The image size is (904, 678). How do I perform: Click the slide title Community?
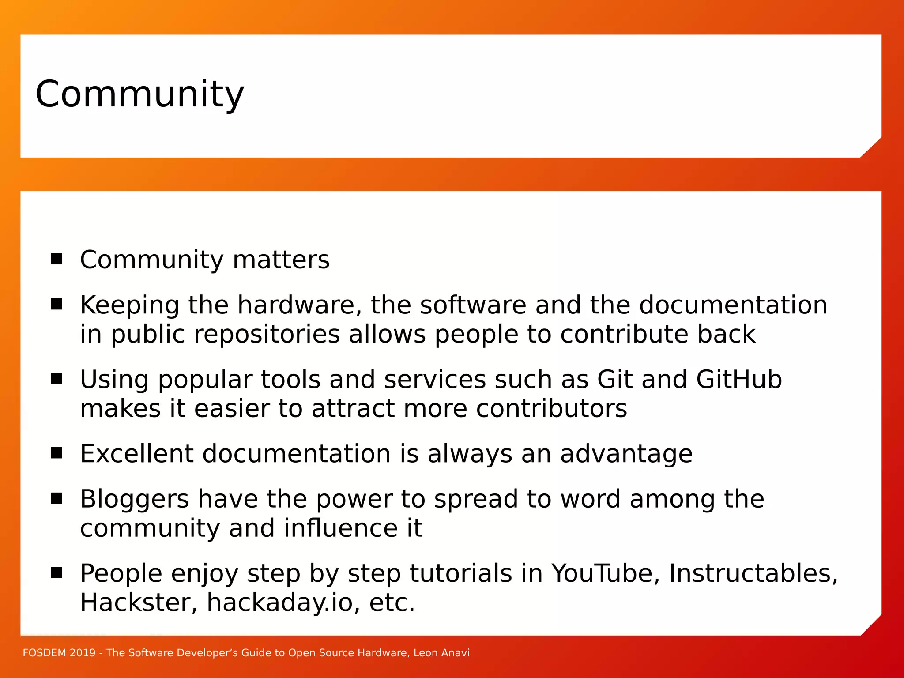[139, 94]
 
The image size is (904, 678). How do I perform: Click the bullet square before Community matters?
[56, 259]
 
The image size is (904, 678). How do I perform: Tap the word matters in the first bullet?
[281, 260]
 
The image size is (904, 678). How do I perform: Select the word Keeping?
[129, 305]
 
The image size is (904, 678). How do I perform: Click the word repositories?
[267, 334]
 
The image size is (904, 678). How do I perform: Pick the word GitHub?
[739, 380]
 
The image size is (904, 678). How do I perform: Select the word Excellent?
[137, 454]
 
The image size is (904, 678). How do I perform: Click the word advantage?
[626, 455]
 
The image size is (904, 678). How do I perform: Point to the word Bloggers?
[135, 500]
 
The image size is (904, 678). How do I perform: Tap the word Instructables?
[753, 574]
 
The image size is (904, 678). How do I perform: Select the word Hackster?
[139, 603]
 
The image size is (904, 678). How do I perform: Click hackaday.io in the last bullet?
[280, 603]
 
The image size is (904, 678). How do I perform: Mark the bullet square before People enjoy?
[56, 573]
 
